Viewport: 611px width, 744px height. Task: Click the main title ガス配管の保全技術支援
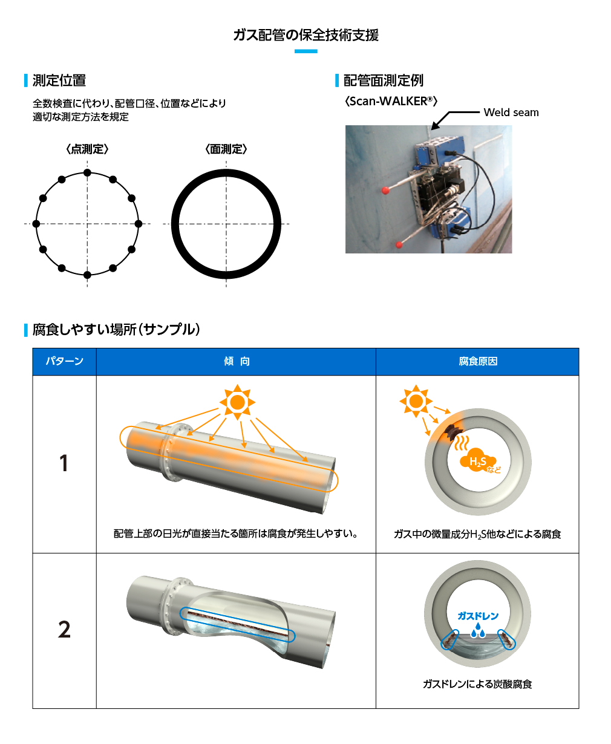coord(305,35)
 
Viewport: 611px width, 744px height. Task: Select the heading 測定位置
coord(59,80)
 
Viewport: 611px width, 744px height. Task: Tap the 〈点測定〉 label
coord(87,149)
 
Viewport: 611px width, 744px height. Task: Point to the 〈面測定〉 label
coord(226,149)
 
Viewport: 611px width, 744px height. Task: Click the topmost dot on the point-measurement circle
coord(87,173)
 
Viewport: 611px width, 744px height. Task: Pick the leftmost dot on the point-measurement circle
coord(36,224)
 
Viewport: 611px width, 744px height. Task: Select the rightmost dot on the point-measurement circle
coord(139,224)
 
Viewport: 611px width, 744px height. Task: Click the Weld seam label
coord(511,113)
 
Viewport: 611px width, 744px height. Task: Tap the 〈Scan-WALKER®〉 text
coord(391,101)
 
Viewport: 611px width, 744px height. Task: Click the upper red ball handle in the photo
coord(385,191)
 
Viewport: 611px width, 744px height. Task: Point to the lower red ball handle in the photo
coord(399,244)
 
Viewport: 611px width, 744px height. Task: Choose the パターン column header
coord(65,361)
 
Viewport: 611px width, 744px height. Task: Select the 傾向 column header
coord(237,361)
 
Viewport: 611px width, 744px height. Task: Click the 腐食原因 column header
coord(478,361)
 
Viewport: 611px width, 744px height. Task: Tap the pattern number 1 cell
coord(64,463)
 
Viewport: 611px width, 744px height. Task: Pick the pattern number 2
coord(64,629)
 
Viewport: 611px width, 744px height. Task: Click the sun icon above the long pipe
coord(237,402)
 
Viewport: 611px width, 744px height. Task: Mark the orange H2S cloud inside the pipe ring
coord(478,458)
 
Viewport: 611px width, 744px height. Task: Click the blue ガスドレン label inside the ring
coord(478,616)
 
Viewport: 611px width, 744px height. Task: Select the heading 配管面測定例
coord(384,80)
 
